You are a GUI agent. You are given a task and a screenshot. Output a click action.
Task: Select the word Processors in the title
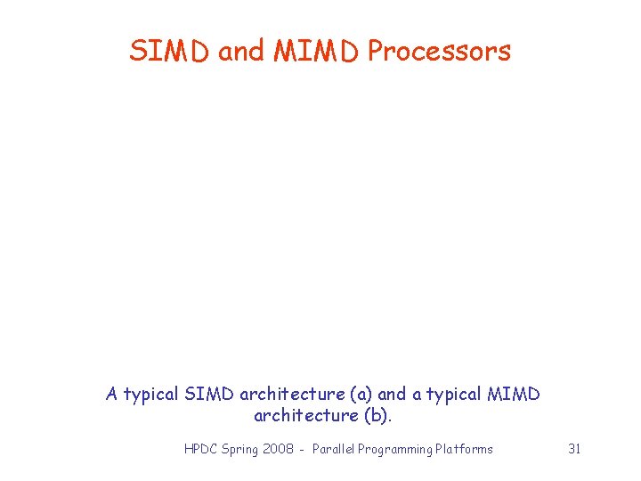pyautogui.click(x=439, y=52)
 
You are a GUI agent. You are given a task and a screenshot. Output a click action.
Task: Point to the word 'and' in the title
pyautogui.click(x=241, y=52)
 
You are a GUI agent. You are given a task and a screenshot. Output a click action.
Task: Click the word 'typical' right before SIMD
pyautogui.click(x=151, y=394)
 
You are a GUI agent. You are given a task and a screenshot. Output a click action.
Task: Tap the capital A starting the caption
pyautogui.click(x=112, y=394)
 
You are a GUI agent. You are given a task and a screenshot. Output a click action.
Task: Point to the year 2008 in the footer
pyautogui.click(x=280, y=449)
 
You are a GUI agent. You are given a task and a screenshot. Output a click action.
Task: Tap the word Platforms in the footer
pyautogui.click(x=464, y=449)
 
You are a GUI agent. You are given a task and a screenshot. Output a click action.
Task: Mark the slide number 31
pyautogui.click(x=574, y=449)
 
